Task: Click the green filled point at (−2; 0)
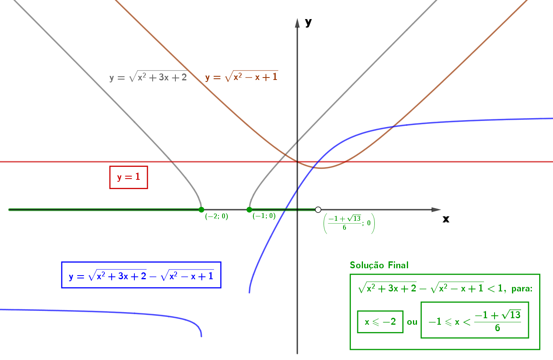click(201, 210)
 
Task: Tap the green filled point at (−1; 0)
click(249, 210)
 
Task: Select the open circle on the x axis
click(318, 210)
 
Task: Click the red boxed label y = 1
click(129, 177)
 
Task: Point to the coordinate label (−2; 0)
click(216, 216)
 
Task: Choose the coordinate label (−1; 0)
click(264, 216)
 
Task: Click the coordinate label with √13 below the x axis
click(349, 223)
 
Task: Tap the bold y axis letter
click(308, 22)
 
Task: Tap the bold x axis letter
click(446, 219)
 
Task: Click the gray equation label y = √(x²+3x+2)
click(148, 76)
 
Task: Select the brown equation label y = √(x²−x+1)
click(242, 76)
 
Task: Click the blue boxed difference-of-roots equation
click(141, 275)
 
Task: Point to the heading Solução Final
click(379, 265)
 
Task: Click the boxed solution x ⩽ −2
click(380, 322)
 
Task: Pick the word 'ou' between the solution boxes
click(412, 322)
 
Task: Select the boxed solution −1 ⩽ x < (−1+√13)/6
click(475, 320)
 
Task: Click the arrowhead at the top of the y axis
click(297, 23)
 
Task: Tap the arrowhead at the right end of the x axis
click(436, 210)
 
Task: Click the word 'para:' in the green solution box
click(522, 289)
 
